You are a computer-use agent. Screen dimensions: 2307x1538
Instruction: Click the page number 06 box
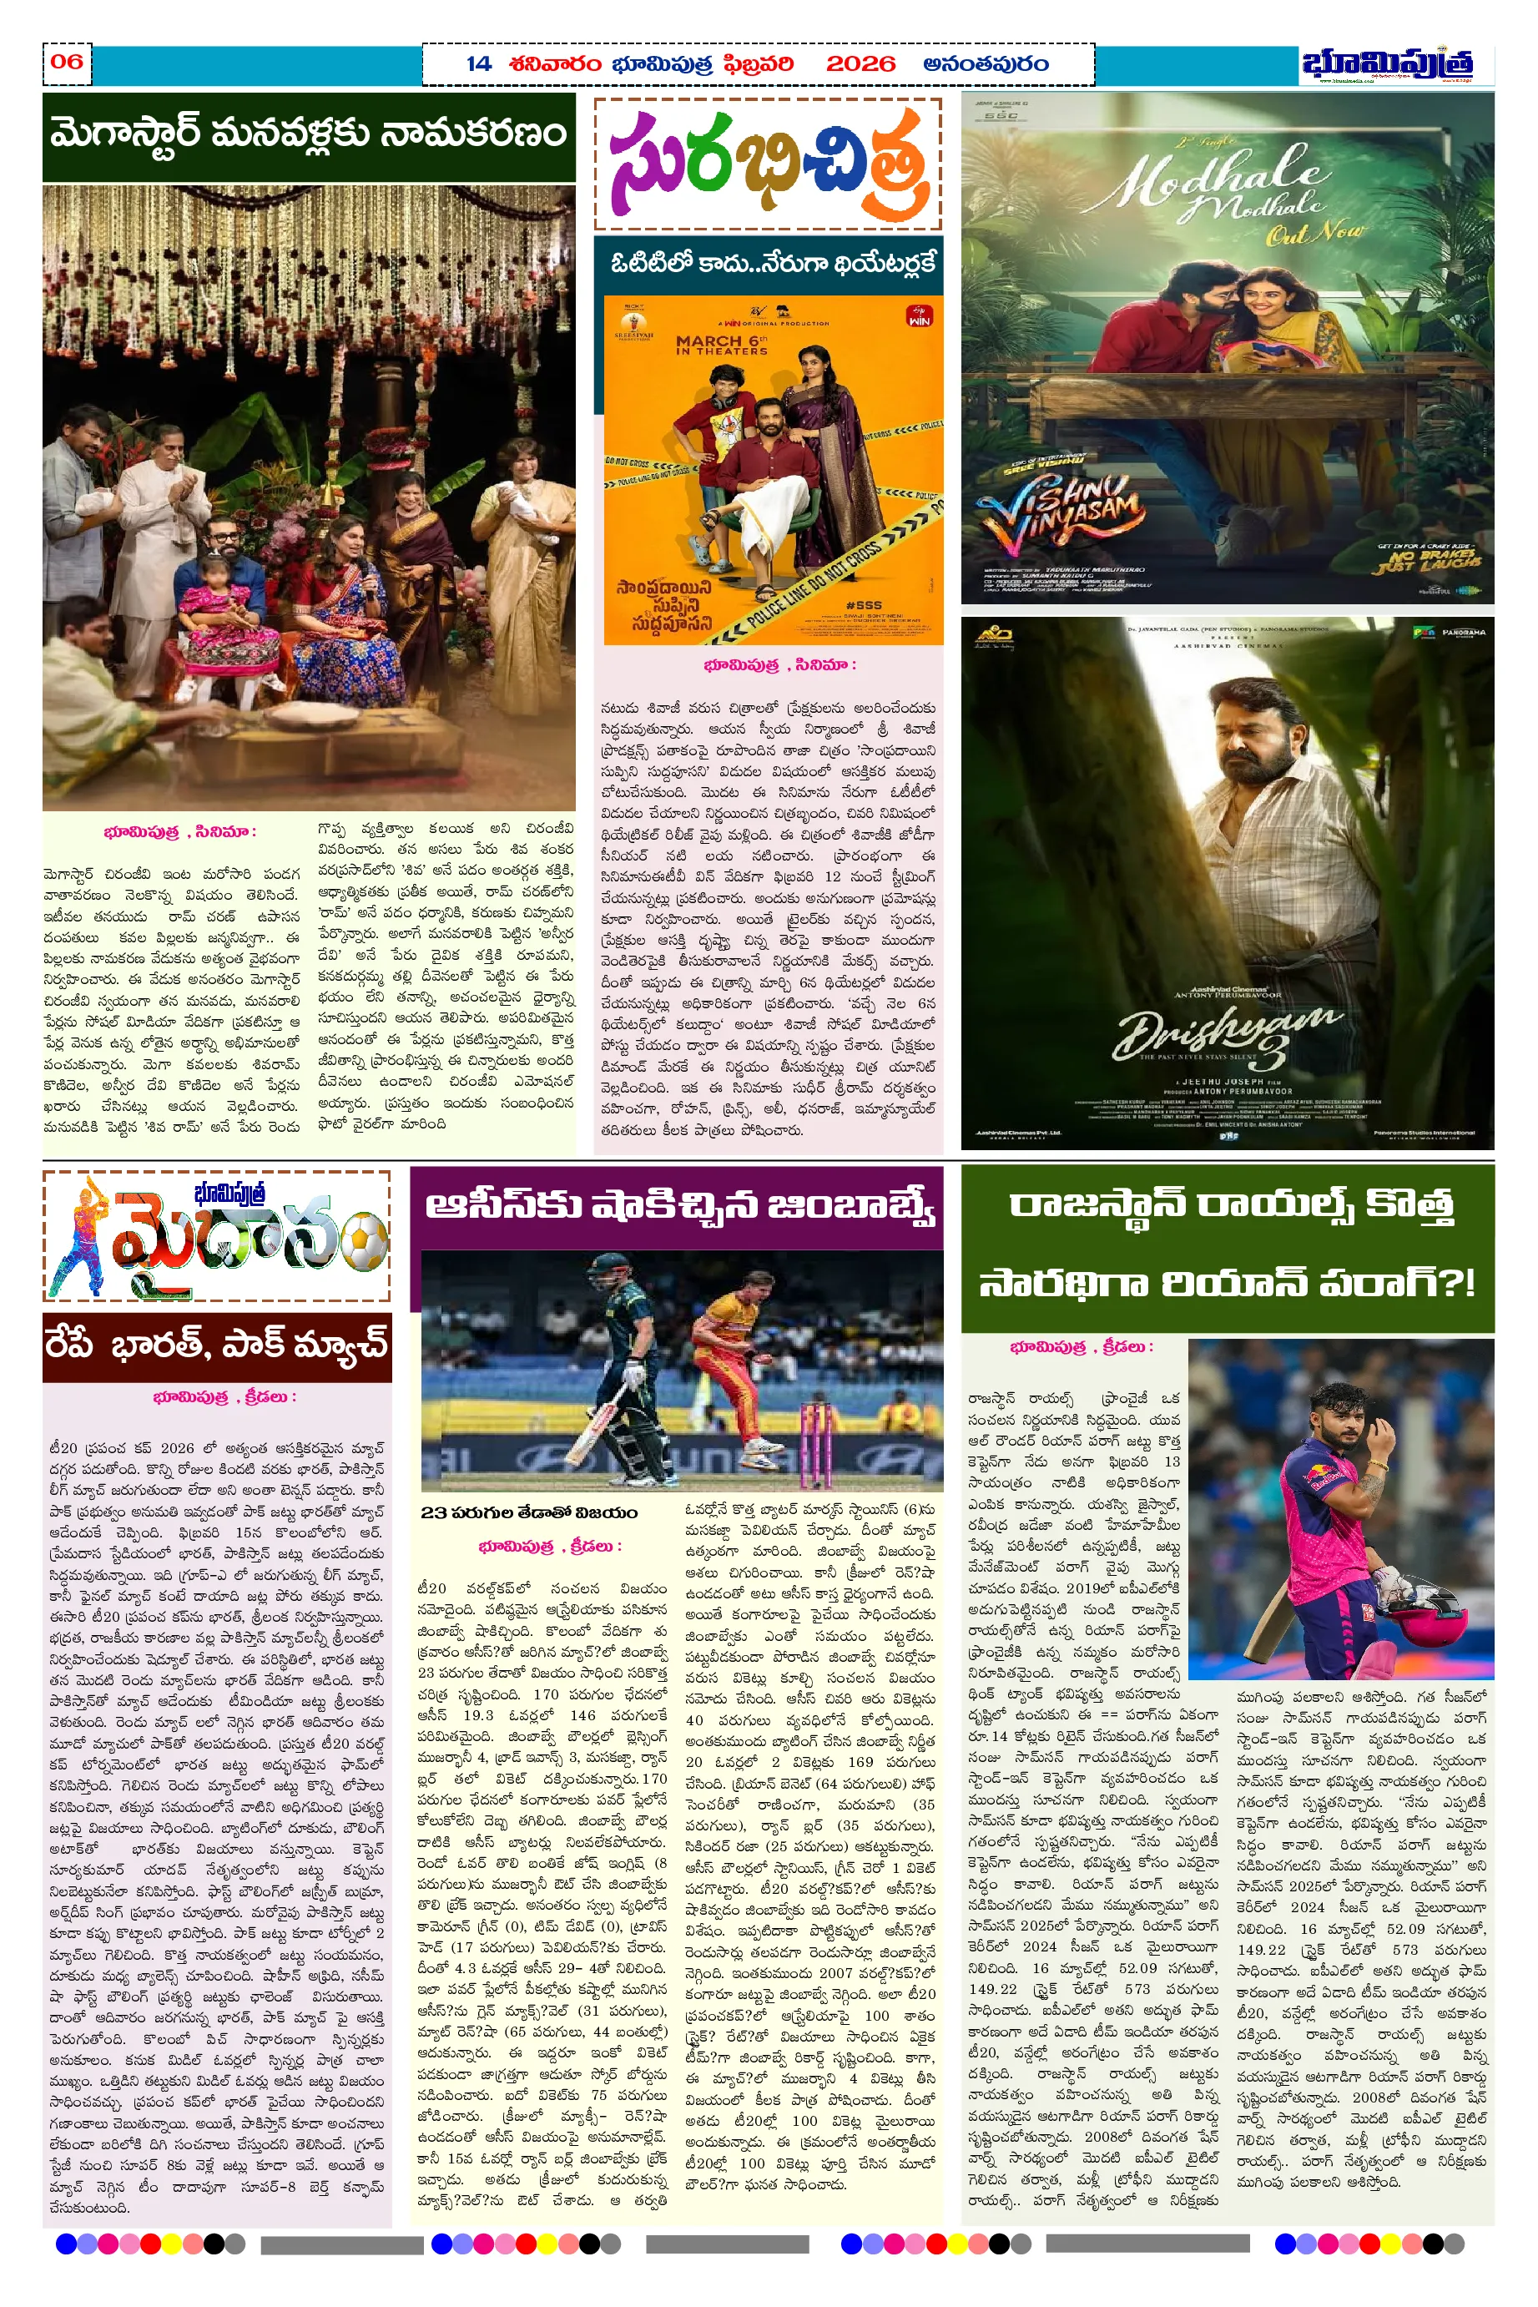pyautogui.click(x=67, y=63)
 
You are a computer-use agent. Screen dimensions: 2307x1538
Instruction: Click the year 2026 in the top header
pyautogui.click(x=860, y=65)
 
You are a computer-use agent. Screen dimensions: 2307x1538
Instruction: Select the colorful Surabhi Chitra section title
pyautogui.click(x=767, y=164)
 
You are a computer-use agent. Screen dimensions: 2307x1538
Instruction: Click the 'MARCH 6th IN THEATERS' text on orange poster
pyautogui.click(x=721, y=344)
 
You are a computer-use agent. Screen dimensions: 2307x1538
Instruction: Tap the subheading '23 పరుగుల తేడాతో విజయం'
pyautogui.click(x=529, y=1512)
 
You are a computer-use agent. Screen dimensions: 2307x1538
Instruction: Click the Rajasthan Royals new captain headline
pyautogui.click(x=1228, y=1244)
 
